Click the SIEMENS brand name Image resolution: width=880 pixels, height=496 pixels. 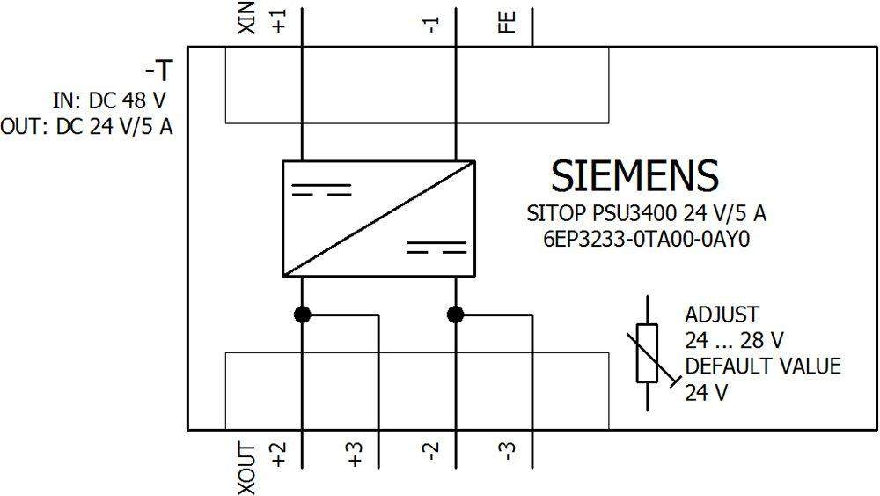point(634,176)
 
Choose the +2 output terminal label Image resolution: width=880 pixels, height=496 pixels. point(280,455)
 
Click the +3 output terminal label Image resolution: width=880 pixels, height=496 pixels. point(356,455)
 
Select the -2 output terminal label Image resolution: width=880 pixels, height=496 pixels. point(431,455)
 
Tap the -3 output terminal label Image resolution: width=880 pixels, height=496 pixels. point(507,455)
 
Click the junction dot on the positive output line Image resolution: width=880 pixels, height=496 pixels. point(303,315)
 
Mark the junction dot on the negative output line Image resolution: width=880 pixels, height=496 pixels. point(455,315)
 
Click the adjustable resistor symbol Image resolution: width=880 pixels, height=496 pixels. point(647,352)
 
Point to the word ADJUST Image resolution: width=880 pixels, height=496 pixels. point(722,315)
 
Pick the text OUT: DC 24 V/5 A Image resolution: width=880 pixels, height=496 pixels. point(87,127)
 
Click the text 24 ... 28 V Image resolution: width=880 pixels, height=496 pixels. point(734,340)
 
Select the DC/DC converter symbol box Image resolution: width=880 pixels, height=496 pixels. point(379,218)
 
